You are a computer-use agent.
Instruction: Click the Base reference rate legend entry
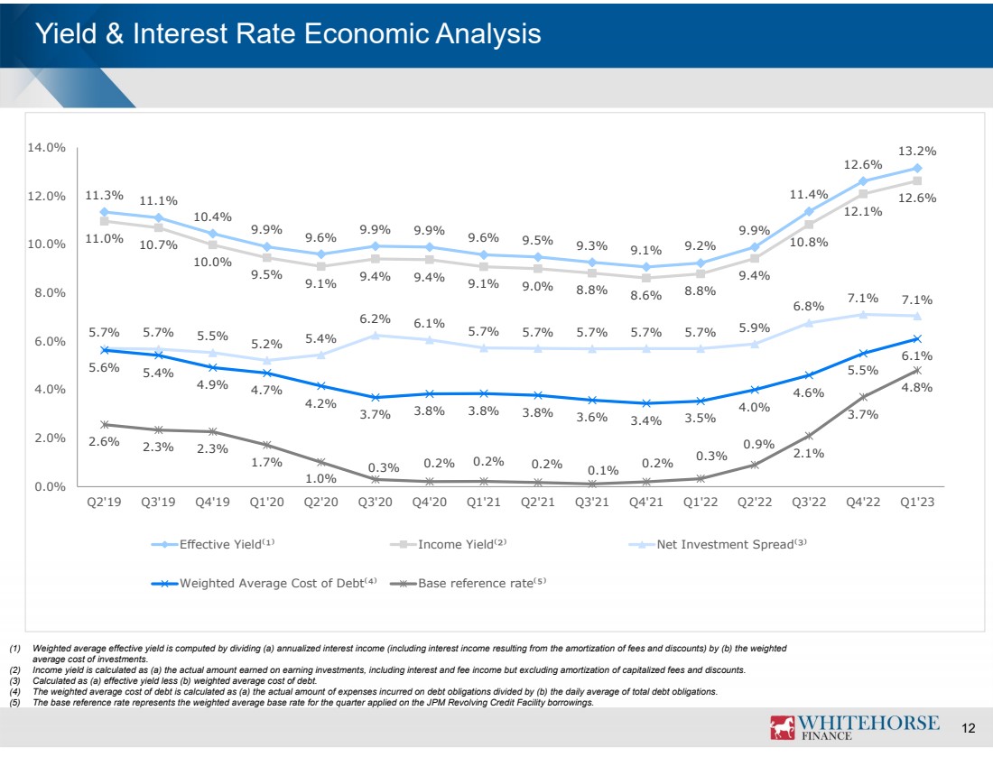click(475, 583)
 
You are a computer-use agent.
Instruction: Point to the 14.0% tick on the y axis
click(46, 147)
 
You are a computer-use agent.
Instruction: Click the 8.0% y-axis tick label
click(46, 292)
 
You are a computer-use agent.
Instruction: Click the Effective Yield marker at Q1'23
click(917, 168)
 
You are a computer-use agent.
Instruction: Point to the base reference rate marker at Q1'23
click(917, 370)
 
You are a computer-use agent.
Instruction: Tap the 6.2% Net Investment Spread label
click(376, 318)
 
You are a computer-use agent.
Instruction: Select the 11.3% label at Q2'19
click(104, 195)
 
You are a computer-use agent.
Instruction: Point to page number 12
click(969, 729)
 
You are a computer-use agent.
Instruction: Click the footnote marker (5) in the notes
click(15, 701)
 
